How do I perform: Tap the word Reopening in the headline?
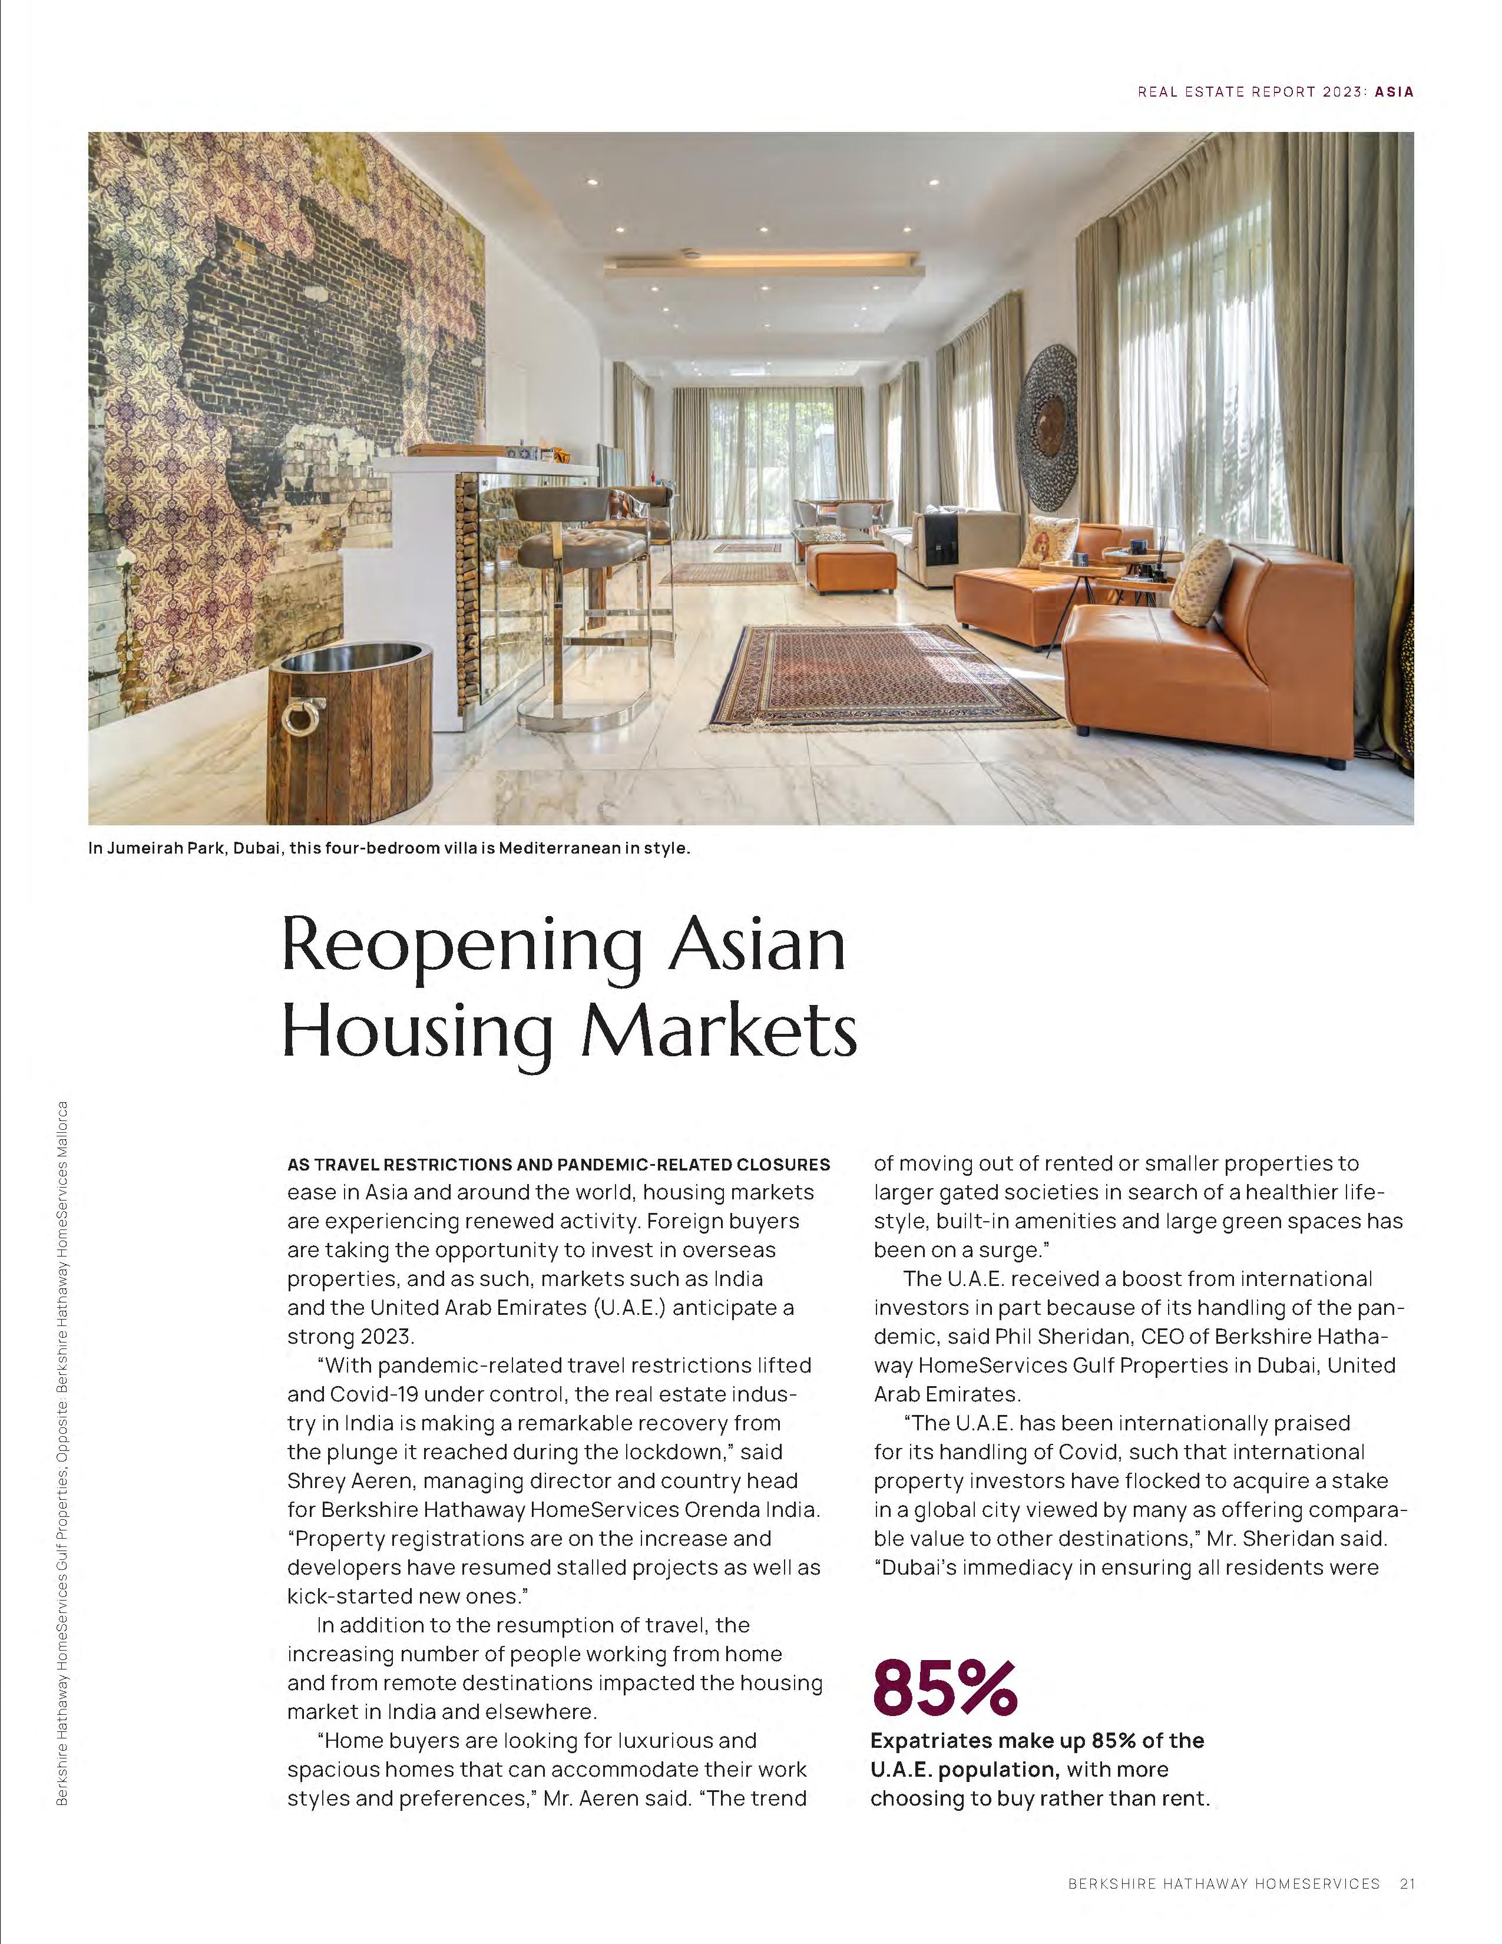tap(462, 946)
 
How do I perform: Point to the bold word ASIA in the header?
tap(1394, 92)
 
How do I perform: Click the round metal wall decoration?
tap(1048, 416)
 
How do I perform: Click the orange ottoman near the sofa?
tap(851, 568)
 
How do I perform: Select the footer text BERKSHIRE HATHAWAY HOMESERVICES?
tap(1223, 1883)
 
